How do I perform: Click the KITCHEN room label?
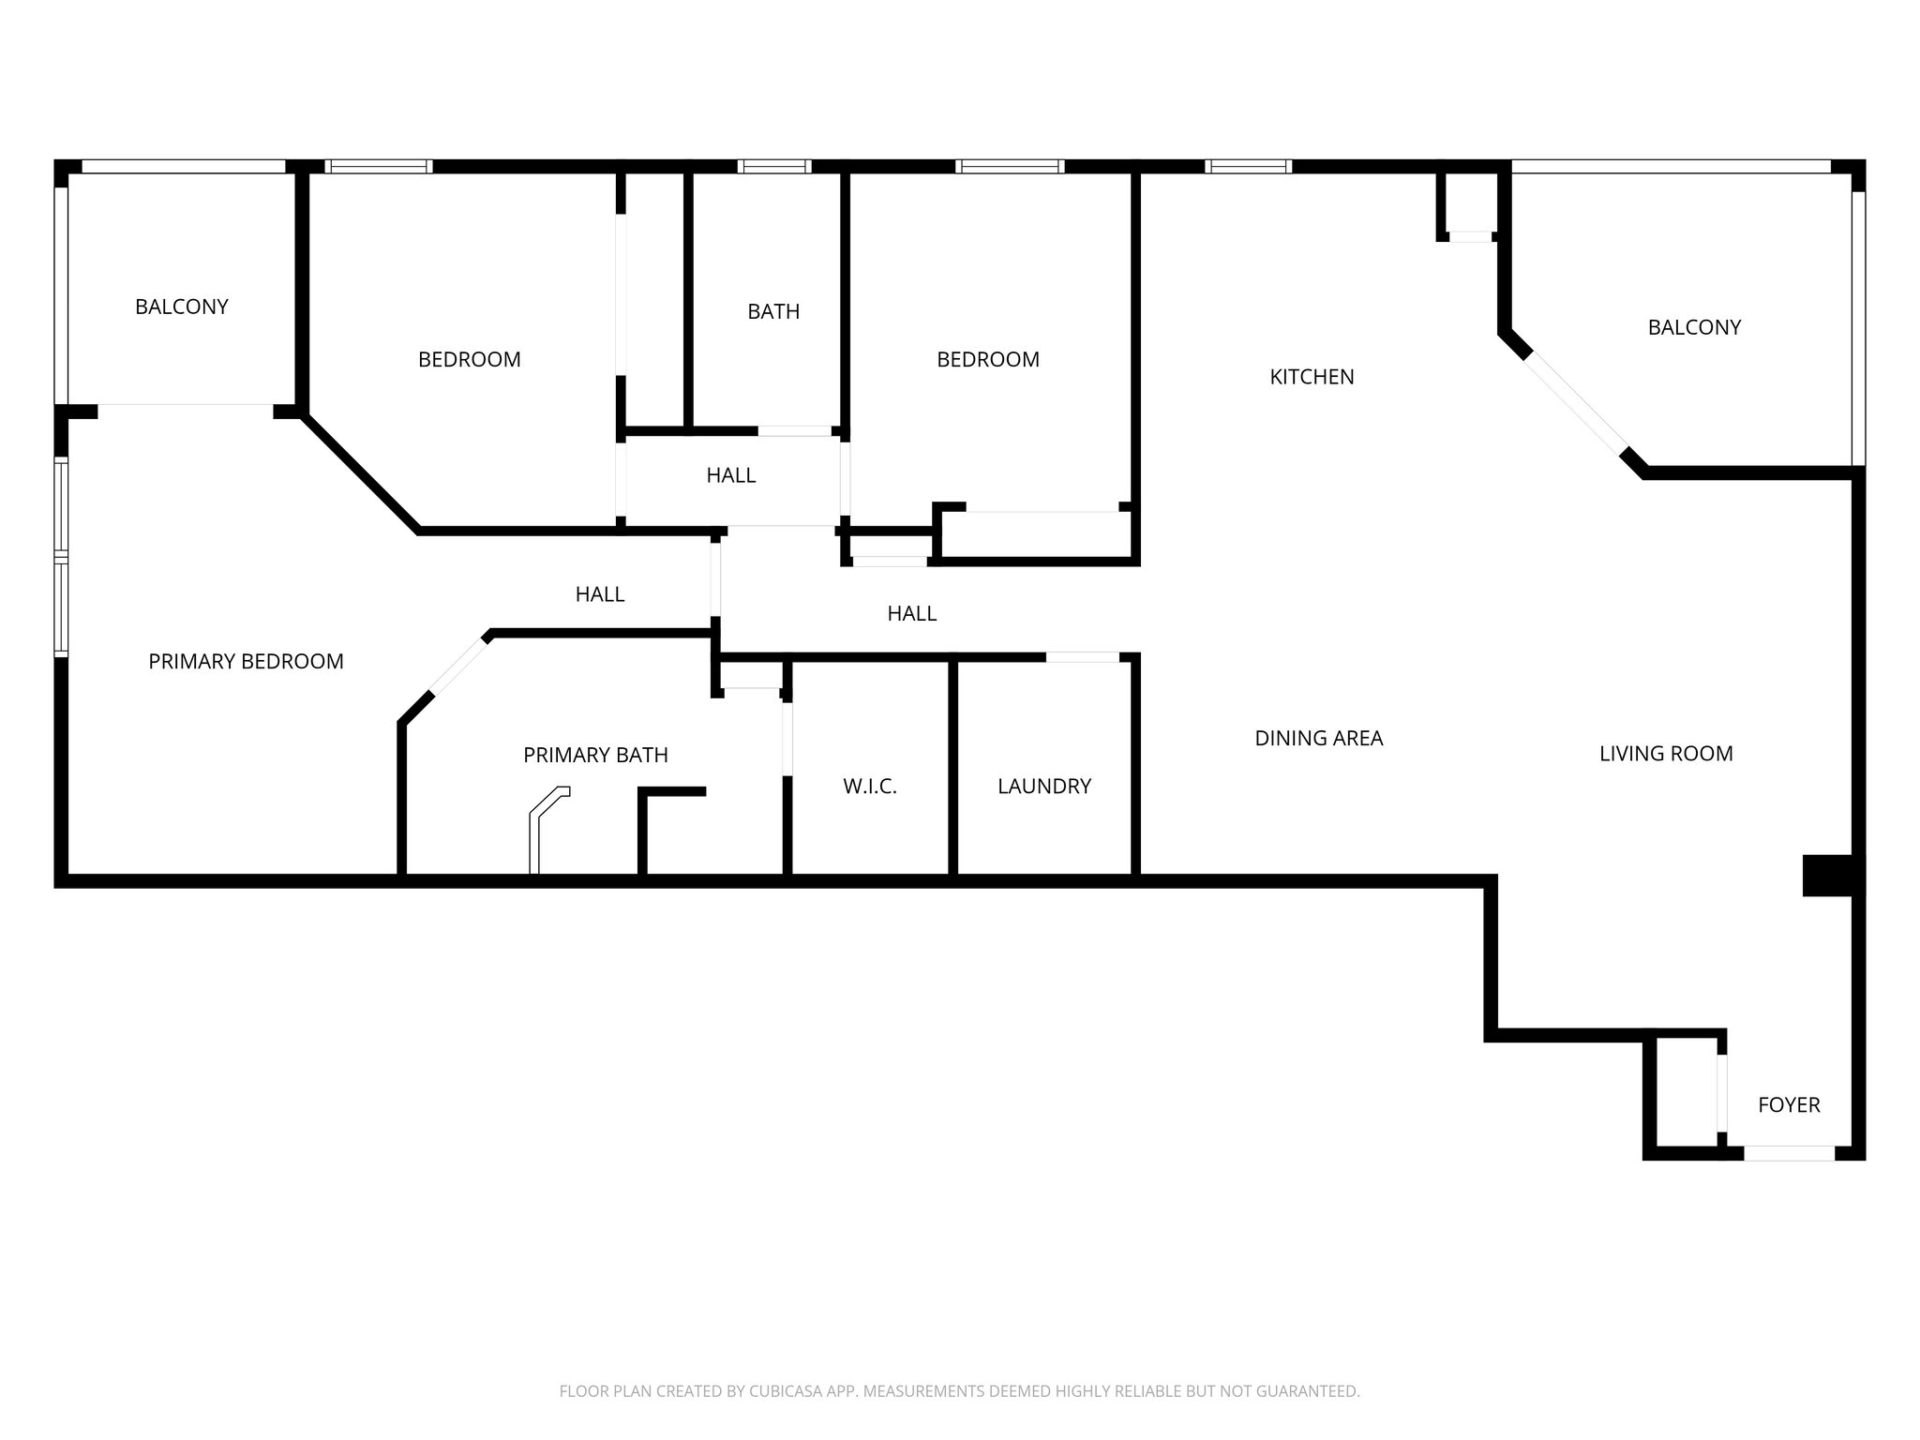(x=1312, y=377)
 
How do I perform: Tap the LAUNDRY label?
(x=1043, y=787)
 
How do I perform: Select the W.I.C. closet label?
(x=869, y=787)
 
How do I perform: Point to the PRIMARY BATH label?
(x=595, y=755)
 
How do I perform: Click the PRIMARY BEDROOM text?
(x=246, y=662)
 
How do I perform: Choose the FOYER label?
(x=1788, y=1104)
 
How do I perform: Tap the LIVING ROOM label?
(x=1665, y=754)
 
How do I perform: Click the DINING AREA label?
(x=1318, y=739)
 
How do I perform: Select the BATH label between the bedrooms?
(x=773, y=311)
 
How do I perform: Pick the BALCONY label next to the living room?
(x=1693, y=327)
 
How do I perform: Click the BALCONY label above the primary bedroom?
(x=181, y=307)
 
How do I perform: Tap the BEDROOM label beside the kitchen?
(x=987, y=359)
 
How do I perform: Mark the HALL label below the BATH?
(x=730, y=475)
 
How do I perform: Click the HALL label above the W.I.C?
(x=911, y=613)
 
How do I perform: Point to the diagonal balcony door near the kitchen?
(x=1575, y=403)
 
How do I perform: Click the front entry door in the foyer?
(x=1788, y=1153)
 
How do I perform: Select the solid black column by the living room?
(x=1827, y=875)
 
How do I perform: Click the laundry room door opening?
(x=1082, y=657)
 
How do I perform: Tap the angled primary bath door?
(x=458, y=666)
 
